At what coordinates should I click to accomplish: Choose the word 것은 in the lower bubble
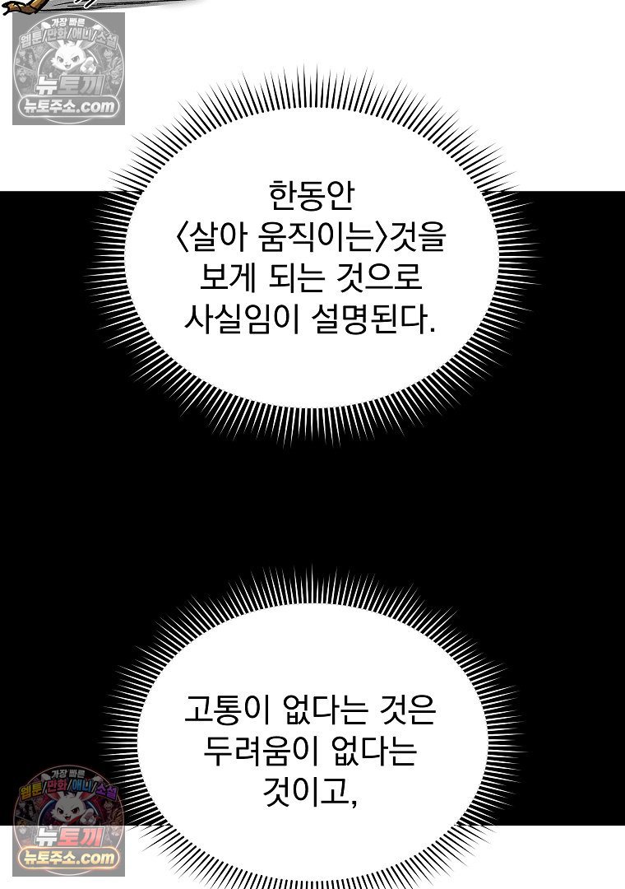coord(407,710)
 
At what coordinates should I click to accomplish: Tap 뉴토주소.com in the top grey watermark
coord(68,106)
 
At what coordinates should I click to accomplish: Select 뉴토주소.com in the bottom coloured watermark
coord(68,857)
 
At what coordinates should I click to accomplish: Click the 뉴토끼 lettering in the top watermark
coord(68,86)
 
